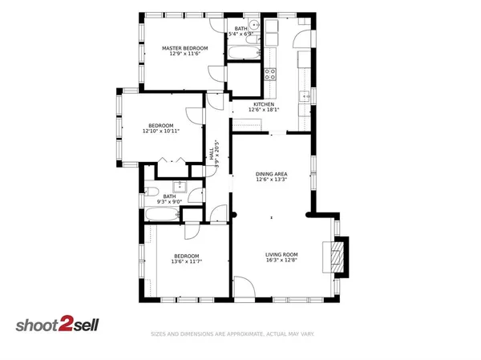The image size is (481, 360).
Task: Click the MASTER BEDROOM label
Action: (184, 48)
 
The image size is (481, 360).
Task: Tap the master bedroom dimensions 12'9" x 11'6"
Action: (184, 55)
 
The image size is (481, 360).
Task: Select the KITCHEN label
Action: (265, 104)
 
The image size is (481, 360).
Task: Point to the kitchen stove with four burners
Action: (271, 74)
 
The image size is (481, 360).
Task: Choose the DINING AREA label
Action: (272, 174)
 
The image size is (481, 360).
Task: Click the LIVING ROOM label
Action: (281, 255)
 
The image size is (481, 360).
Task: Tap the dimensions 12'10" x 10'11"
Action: (161, 131)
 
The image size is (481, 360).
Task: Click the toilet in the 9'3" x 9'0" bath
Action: (152, 192)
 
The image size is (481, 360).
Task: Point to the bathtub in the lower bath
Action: (163, 214)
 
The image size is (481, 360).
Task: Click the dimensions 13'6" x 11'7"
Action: (186, 261)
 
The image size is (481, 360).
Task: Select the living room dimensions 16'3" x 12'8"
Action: (281, 261)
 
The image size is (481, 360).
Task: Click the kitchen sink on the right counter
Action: (305, 96)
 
